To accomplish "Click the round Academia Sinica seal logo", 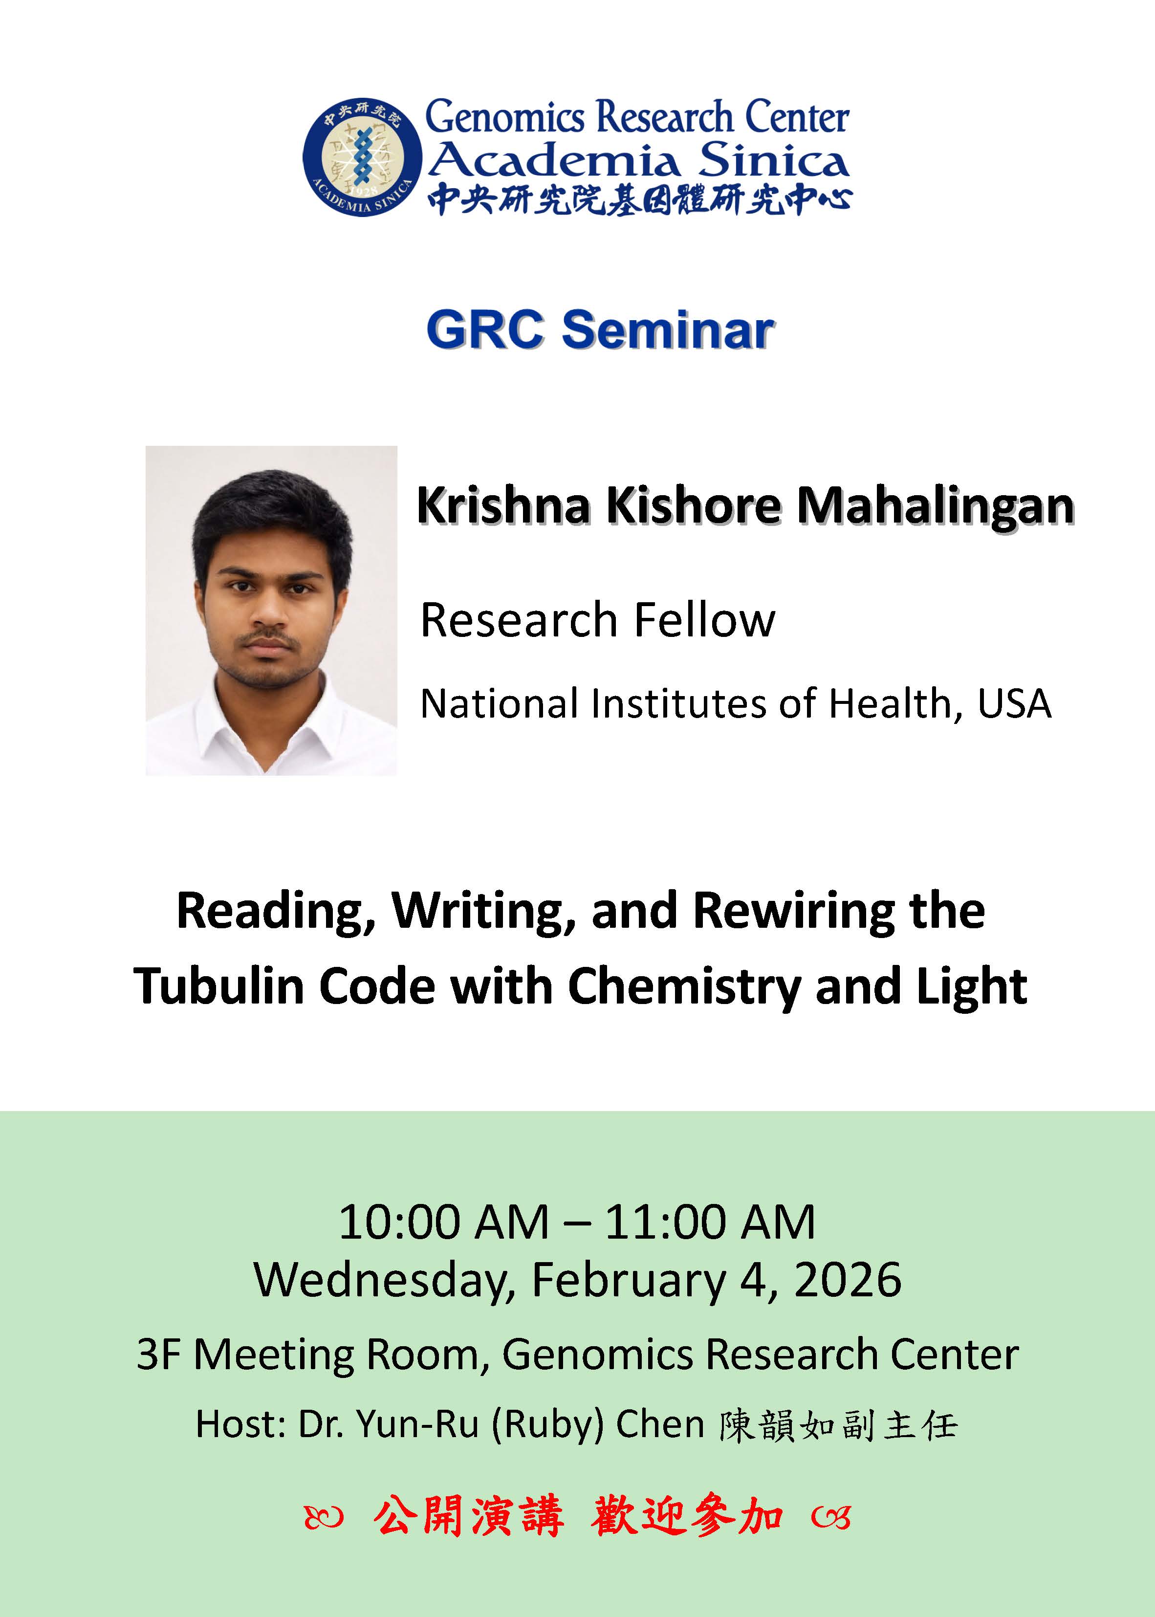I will point(362,157).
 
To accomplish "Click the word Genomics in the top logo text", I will point(504,117).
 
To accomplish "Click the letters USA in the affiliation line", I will point(1014,704).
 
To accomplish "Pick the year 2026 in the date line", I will point(848,1280).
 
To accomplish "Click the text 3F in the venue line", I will point(157,1354).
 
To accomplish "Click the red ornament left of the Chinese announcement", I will point(324,1517).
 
